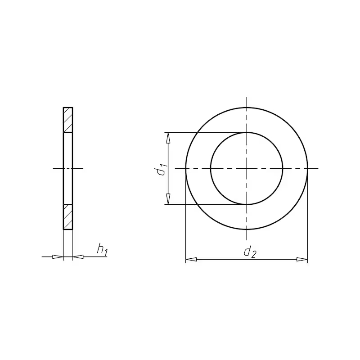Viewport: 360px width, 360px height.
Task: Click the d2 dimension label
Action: (x=250, y=252)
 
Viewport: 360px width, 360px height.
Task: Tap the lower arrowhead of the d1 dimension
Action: (x=168, y=199)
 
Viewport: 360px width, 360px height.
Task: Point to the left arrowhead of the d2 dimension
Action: (x=191, y=260)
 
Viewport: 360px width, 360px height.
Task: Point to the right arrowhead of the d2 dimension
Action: (x=302, y=260)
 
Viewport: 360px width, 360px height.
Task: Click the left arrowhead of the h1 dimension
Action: (x=58, y=256)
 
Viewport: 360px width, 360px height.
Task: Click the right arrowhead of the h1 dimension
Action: (x=78, y=256)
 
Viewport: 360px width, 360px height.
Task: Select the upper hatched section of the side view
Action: (x=68, y=120)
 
